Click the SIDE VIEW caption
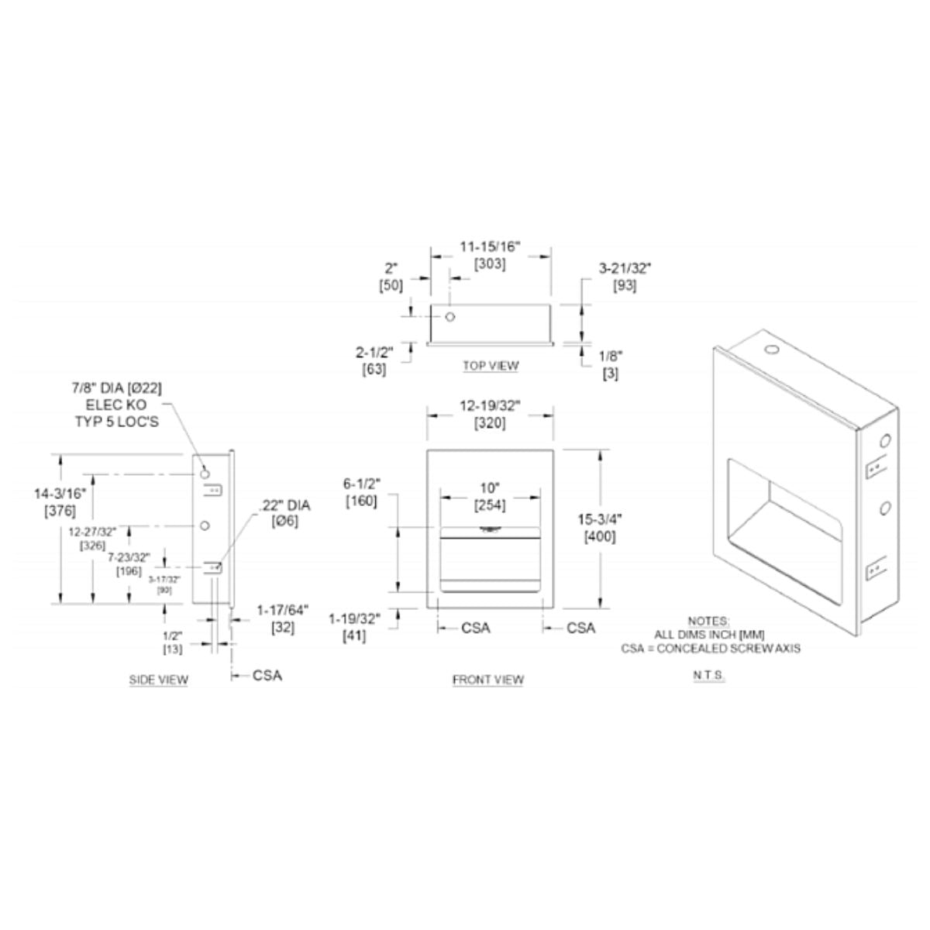click(x=158, y=680)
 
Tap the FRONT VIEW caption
click(x=487, y=680)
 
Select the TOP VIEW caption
click(x=491, y=365)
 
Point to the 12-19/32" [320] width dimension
click(x=490, y=414)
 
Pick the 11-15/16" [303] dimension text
click(x=490, y=255)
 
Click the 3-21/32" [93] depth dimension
click(x=624, y=276)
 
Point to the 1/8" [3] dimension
click(x=610, y=364)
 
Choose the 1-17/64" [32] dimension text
click(x=282, y=618)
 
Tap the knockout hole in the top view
click(x=449, y=317)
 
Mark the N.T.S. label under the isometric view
click(x=708, y=675)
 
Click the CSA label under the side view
click(x=267, y=675)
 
